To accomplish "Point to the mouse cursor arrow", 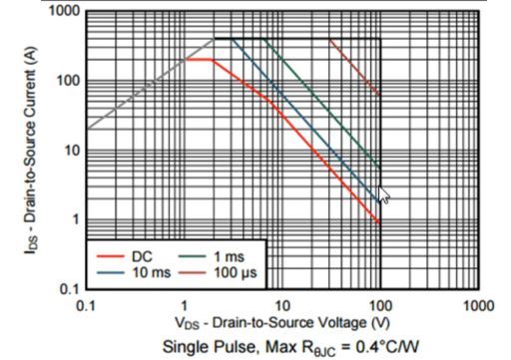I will point(383,194).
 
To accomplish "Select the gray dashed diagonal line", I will point(140,90).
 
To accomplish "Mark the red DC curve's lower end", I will point(379,221).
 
